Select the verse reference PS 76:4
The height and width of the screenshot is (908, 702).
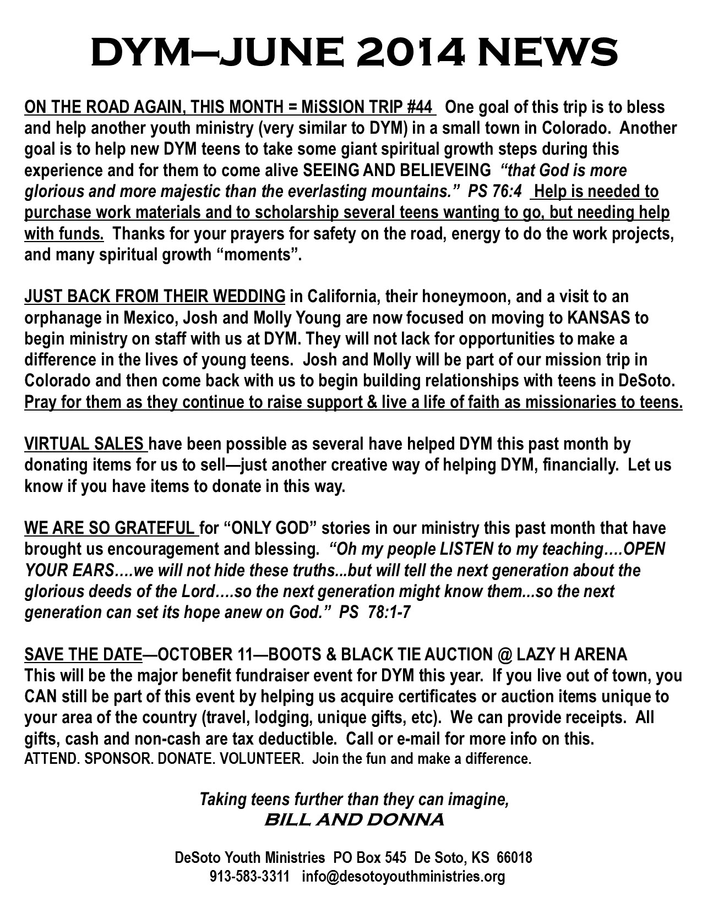point(494,191)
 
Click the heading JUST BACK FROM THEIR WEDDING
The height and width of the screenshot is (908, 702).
point(155,296)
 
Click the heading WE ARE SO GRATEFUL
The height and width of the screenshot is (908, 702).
point(110,528)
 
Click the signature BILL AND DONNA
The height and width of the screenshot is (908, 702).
point(354,820)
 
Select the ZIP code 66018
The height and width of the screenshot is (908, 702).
point(514,857)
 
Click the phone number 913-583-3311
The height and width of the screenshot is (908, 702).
point(249,876)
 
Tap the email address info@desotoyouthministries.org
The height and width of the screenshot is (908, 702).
point(403,876)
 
